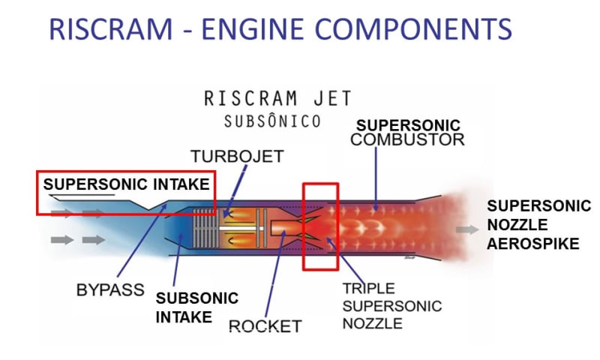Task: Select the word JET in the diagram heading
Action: coord(328,98)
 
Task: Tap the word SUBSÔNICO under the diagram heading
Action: coord(273,121)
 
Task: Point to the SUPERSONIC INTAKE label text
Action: coord(126,184)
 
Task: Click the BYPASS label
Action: coord(109,289)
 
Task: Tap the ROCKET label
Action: coord(265,326)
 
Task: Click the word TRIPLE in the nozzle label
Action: coord(364,289)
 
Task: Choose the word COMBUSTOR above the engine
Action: coord(408,139)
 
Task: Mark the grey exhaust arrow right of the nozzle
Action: coord(466,230)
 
